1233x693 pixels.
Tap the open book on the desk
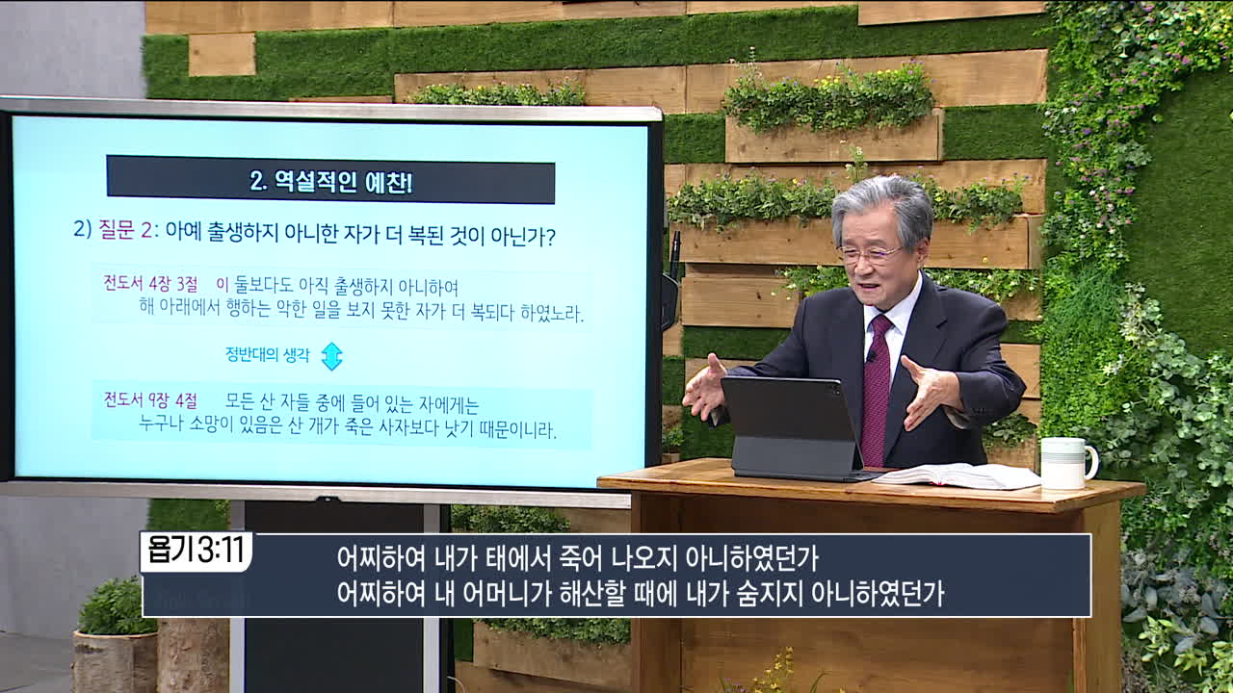(x=957, y=475)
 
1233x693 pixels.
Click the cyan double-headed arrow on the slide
(x=332, y=356)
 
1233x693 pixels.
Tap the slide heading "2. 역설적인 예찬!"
(x=331, y=181)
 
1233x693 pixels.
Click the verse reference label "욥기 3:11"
(x=196, y=550)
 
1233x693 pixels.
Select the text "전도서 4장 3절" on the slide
(x=150, y=284)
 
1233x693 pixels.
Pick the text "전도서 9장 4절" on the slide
(x=150, y=399)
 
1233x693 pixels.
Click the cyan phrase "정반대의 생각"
(x=268, y=355)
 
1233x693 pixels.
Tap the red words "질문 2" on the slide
(x=126, y=229)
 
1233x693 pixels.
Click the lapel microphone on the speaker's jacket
(x=872, y=356)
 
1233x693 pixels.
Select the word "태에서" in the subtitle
(x=518, y=559)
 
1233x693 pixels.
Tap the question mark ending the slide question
(x=550, y=237)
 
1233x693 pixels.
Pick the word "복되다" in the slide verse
(x=492, y=313)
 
